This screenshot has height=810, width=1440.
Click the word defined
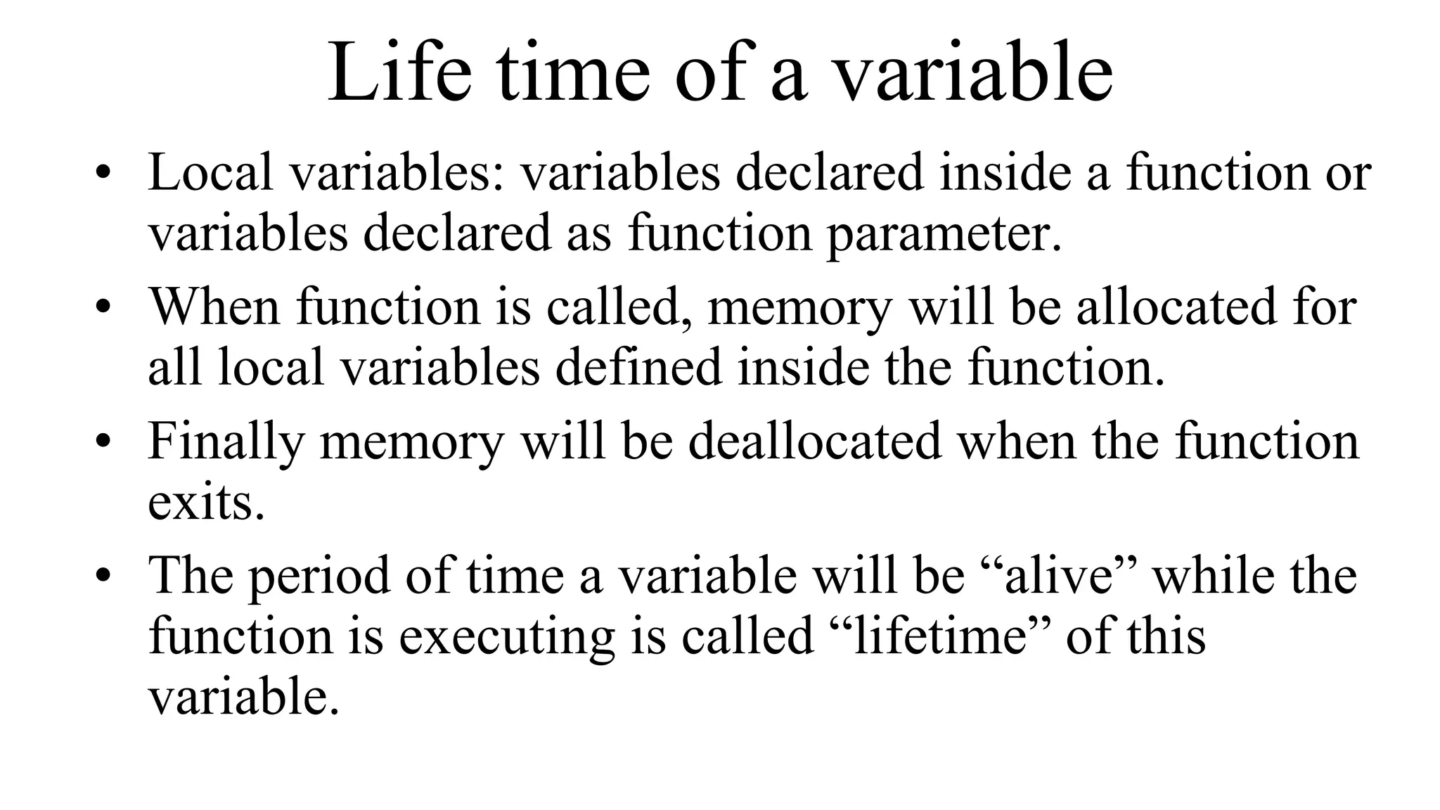pos(639,367)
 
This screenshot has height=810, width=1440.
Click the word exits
pos(206,502)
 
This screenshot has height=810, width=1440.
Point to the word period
pos(319,575)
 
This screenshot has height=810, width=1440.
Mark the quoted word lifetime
pos(939,636)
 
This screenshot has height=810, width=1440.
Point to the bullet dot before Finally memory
pos(103,444)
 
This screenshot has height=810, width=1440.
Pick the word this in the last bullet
pos(1167,636)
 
